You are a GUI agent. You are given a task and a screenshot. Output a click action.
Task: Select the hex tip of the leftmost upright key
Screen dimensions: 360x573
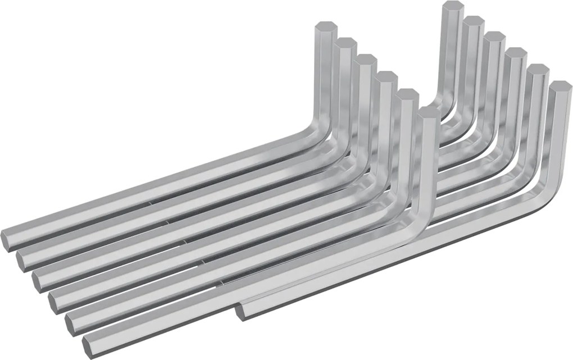tap(325, 29)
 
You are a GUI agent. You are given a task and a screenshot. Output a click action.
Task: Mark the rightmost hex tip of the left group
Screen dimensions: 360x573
tap(429, 112)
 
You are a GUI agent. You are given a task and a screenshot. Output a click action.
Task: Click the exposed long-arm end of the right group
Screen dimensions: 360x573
tap(242, 311)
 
